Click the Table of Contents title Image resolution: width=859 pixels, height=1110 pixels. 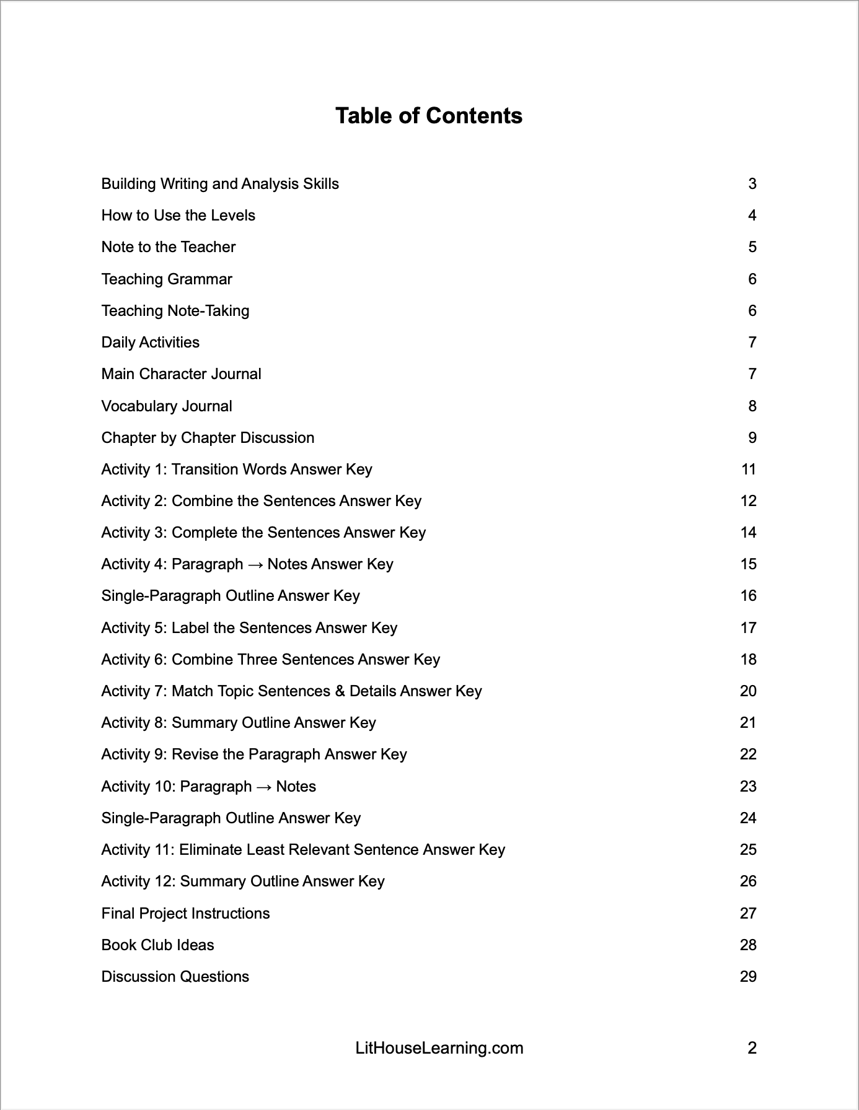coord(429,116)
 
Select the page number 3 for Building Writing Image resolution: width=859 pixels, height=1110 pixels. coord(752,184)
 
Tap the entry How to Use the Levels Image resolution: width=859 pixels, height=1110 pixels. coord(178,216)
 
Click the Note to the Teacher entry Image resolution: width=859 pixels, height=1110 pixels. coord(169,247)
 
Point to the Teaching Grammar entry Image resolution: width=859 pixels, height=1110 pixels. coord(167,279)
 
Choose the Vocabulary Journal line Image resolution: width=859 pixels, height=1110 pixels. coord(167,406)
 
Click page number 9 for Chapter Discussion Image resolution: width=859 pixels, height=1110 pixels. coord(752,438)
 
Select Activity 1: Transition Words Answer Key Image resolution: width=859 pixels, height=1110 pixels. coord(237,470)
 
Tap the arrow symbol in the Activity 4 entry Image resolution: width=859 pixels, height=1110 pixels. coord(255,564)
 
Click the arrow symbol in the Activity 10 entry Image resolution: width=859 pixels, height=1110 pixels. coord(264,787)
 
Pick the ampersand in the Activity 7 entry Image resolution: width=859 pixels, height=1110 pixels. coord(340,691)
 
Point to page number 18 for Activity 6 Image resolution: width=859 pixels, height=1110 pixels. coord(748,660)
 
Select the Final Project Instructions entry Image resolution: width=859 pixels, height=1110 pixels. coord(185,914)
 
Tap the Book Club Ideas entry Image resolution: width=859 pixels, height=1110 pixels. coord(157,945)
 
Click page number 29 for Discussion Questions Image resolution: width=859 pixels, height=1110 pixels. coord(748,977)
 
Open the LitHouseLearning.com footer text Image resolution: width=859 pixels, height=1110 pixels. coord(439,1048)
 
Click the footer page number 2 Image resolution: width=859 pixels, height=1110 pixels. coord(752,1048)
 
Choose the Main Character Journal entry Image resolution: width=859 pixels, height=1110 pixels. coord(181,374)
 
